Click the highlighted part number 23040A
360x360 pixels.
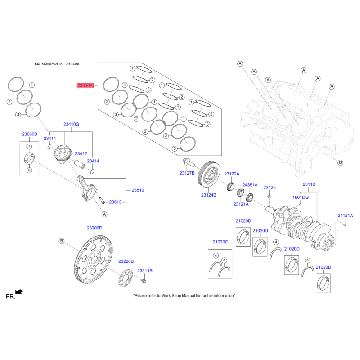click(x=85, y=85)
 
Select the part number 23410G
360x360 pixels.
click(x=71, y=124)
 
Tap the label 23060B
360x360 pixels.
click(x=30, y=134)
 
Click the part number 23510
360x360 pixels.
click(x=138, y=190)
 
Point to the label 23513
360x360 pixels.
click(x=116, y=202)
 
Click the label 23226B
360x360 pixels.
click(x=126, y=261)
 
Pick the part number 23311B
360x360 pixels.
click(x=145, y=270)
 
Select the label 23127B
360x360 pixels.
click(x=187, y=173)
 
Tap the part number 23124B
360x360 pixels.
click(x=209, y=195)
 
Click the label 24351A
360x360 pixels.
click(x=250, y=185)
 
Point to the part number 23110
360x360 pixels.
click(x=309, y=184)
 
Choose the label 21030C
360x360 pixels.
click(x=220, y=242)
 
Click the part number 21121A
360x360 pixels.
click(x=345, y=216)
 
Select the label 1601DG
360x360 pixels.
click(x=301, y=197)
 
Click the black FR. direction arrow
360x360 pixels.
click(x=19, y=292)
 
